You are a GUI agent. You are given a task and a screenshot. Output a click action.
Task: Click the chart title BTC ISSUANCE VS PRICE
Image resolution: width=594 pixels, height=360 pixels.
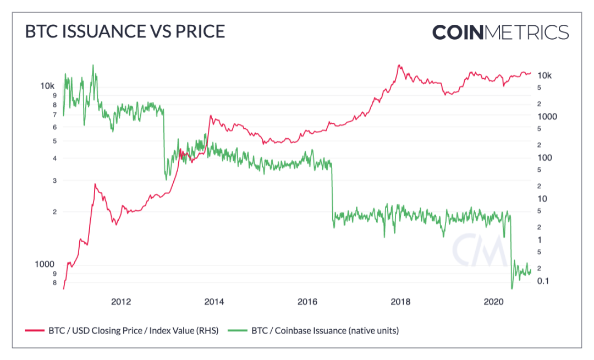click(125, 31)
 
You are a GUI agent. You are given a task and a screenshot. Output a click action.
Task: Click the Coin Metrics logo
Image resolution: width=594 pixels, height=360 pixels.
click(500, 32)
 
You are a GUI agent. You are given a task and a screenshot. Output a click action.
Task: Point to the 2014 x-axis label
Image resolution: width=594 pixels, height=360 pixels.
click(214, 301)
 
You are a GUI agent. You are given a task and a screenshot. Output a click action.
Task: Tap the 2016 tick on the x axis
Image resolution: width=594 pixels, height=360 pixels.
click(307, 301)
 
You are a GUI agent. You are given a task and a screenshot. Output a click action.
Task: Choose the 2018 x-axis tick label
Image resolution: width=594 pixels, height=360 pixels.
click(400, 301)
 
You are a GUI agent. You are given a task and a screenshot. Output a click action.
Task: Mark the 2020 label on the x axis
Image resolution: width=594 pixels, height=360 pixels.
click(493, 301)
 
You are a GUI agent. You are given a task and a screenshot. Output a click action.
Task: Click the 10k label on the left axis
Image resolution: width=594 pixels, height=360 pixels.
click(47, 86)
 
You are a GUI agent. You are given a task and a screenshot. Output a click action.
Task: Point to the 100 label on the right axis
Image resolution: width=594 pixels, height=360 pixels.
click(544, 157)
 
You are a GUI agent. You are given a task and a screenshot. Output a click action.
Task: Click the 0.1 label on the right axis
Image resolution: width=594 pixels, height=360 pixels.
click(543, 281)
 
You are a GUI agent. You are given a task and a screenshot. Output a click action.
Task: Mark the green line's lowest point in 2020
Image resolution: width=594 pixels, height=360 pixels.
click(512, 288)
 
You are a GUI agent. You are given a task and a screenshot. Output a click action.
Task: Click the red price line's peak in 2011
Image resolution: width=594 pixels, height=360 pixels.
click(95, 184)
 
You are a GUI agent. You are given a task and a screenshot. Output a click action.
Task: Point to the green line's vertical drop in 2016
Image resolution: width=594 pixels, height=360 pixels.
click(332, 193)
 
